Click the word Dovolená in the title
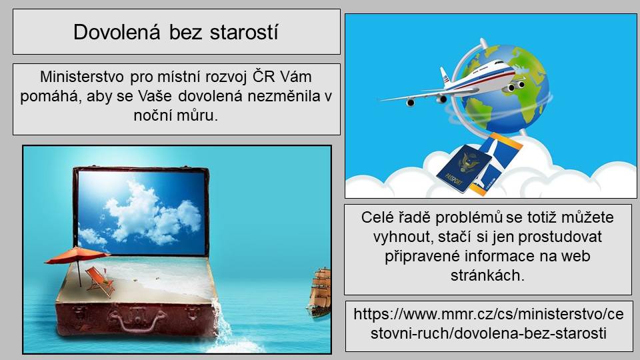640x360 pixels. coord(117,32)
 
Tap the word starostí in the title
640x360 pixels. coord(244,32)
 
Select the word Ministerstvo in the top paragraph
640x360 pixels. coord(82,77)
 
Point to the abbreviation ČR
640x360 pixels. coord(264,76)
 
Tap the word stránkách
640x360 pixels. coord(487,275)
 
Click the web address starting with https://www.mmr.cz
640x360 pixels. coord(489,323)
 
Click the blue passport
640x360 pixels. coord(464,168)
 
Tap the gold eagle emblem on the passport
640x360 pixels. coord(468,162)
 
